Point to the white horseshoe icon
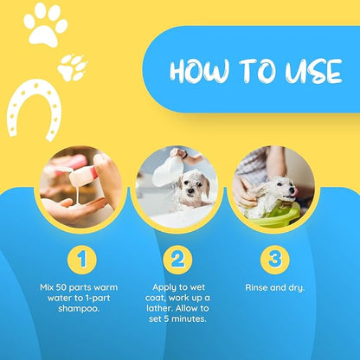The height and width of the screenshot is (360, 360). [x=33, y=108]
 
